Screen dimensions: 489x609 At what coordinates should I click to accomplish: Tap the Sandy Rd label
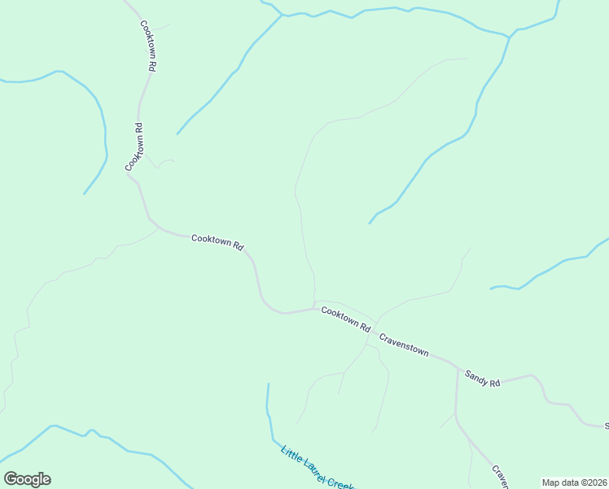pyautogui.click(x=482, y=379)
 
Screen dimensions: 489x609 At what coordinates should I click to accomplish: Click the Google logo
pyautogui.click(x=27, y=479)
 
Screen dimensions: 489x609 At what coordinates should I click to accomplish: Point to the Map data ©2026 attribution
pyautogui.click(x=574, y=482)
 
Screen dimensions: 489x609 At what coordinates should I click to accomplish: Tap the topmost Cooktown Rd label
pyautogui.click(x=147, y=46)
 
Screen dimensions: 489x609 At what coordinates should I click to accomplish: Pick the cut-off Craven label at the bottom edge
pyautogui.click(x=500, y=477)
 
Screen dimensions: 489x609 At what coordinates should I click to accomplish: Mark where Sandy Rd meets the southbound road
pyautogui.click(x=457, y=368)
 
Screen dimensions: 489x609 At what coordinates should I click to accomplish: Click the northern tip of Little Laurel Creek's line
pyautogui.click(x=267, y=384)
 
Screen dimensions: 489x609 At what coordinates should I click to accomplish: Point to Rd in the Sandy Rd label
pyautogui.click(x=494, y=383)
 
